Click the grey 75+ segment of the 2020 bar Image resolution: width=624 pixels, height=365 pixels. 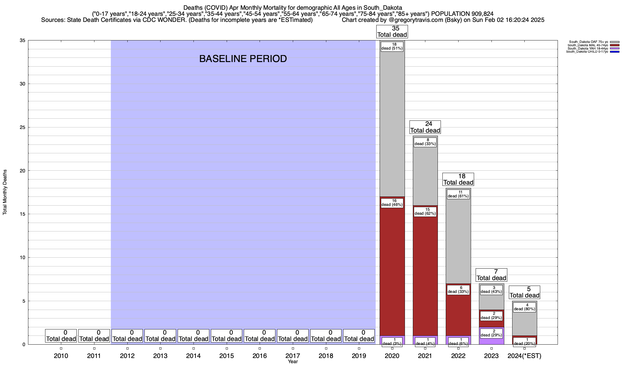pyautogui.click(x=392, y=122)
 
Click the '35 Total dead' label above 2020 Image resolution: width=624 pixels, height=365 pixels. pyautogui.click(x=392, y=32)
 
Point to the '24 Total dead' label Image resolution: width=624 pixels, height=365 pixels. pyautogui.click(x=425, y=127)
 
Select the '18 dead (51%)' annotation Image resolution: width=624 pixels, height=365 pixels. pyautogui.click(x=392, y=46)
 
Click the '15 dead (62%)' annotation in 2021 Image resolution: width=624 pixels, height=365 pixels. pyautogui.click(x=425, y=211)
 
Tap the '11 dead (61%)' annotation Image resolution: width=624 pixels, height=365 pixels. pyautogui.click(x=458, y=194)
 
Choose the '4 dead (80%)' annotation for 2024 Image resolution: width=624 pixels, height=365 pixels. pyautogui.click(x=524, y=307)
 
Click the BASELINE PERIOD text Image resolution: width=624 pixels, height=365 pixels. pyautogui.click(x=243, y=59)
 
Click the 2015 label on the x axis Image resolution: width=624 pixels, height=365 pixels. pyautogui.click(x=227, y=356)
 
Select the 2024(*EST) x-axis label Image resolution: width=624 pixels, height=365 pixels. pyautogui.click(x=524, y=356)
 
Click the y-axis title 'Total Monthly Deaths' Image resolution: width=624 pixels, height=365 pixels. pyautogui.click(x=5, y=192)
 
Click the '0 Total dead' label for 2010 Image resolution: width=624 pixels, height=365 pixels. pyautogui.click(x=61, y=336)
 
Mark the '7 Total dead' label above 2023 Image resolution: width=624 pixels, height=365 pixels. pyautogui.click(x=491, y=275)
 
